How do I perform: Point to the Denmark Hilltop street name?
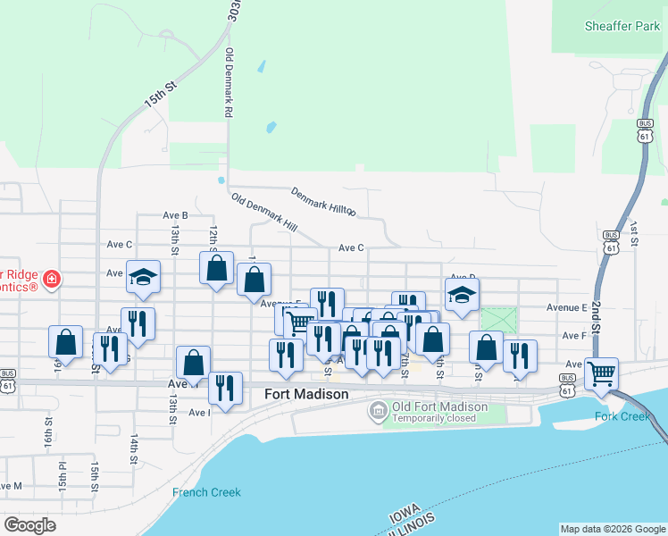click(x=323, y=202)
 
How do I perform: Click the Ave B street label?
click(x=175, y=215)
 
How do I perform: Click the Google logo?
click(x=29, y=525)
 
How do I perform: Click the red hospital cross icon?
click(x=52, y=280)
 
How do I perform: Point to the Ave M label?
click(x=11, y=486)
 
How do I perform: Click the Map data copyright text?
click(x=612, y=529)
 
